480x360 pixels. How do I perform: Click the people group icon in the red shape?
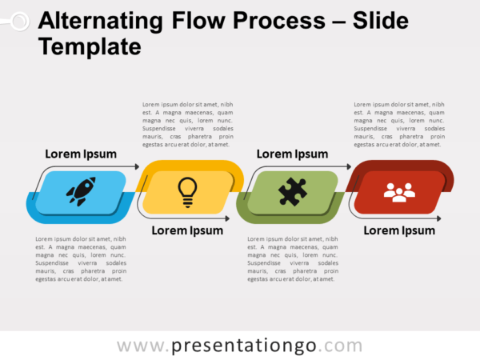click(x=398, y=192)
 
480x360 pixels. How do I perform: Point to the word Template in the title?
click(x=89, y=47)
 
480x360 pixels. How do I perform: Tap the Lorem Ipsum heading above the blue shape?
click(x=81, y=154)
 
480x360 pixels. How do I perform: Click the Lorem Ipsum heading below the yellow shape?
click(x=187, y=230)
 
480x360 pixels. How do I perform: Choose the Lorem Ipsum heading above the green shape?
click(x=292, y=154)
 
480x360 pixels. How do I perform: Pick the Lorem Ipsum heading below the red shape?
click(x=399, y=230)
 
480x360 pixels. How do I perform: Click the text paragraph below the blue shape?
click(x=80, y=258)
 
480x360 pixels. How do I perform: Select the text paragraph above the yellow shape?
click(x=187, y=124)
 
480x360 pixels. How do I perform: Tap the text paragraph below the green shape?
click(x=292, y=258)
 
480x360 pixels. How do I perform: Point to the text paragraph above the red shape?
click(x=398, y=124)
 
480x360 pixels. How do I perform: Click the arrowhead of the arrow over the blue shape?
click(x=136, y=166)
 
